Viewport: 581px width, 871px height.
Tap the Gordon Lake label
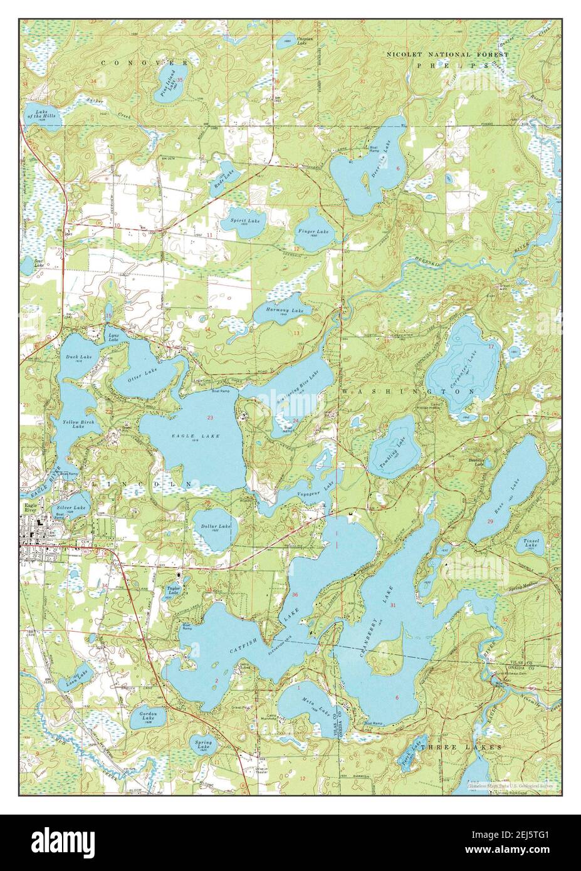pyautogui.click(x=149, y=716)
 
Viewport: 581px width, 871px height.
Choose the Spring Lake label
pyautogui.click(x=203, y=744)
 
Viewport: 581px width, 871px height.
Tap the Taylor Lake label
pyautogui.click(x=174, y=590)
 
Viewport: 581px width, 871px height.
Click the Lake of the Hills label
pyautogui.click(x=41, y=115)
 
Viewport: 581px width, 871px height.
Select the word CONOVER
pyautogui.click(x=143, y=63)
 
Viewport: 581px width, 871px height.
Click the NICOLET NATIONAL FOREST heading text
pyautogui.click(x=448, y=55)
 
